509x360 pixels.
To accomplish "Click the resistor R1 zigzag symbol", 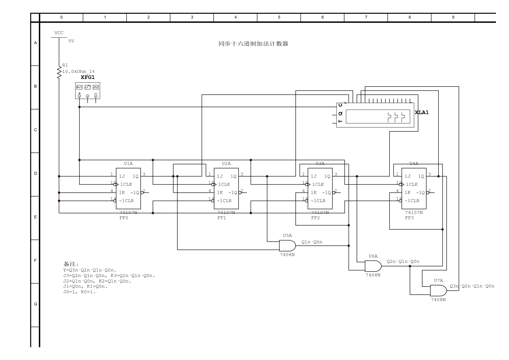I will (x=59, y=73).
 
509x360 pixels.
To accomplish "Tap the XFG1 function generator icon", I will (x=88, y=91).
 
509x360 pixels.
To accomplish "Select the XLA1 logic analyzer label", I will (x=422, y=112).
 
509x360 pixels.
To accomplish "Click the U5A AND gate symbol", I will (x=287, y=246).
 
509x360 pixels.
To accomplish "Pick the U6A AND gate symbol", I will (x=373, y=266).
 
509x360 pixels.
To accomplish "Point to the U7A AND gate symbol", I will (x=438, y=291).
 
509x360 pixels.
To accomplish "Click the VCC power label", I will (x=59, y=33).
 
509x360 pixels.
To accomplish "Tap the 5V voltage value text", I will (x=71, y=41).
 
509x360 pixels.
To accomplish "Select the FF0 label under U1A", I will (x=124, y=218).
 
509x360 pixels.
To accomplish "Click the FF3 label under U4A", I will (x=409, y=218).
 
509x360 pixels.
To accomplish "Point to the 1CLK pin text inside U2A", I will (x=224, y=184).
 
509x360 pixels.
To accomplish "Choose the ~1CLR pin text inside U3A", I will (x=318, y=201).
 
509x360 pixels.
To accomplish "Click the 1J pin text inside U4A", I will (x=408, y=176).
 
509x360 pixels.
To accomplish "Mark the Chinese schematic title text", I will (x=253, y=44).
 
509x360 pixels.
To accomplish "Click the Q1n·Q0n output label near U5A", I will (x=312, y=242).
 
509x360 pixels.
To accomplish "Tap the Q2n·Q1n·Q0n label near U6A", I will (x=403, y=261).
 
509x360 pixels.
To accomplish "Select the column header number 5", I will (x=279, y=17).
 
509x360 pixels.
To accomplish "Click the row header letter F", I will (x=35, y=260).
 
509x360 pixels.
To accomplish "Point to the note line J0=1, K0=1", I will (x=79, y=292).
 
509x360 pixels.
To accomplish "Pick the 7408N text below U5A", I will (x=287, y=255).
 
